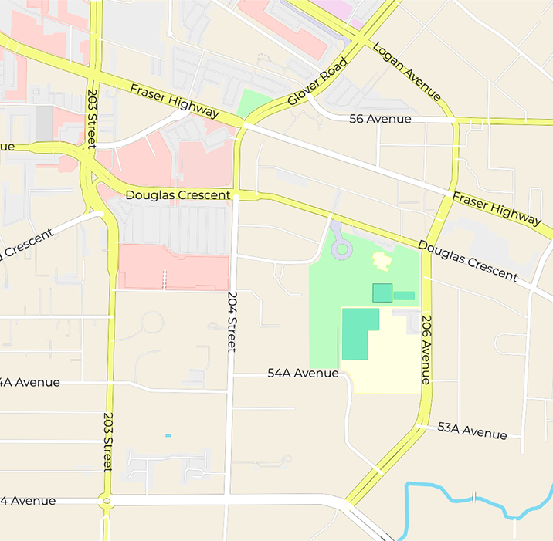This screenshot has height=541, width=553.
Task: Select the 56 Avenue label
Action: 380,119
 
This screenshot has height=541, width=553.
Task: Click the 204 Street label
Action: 232,321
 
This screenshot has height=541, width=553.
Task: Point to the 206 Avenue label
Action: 426,348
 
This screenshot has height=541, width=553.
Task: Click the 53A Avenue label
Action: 472,431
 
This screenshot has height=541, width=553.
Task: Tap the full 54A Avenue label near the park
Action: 303,373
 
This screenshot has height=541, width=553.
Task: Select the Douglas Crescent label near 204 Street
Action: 178,195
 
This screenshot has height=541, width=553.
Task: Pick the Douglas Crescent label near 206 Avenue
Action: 467,260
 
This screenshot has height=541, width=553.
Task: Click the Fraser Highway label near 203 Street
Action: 174,101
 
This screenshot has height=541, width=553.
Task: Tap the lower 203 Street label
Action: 108,441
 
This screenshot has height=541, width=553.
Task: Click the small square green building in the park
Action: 382,292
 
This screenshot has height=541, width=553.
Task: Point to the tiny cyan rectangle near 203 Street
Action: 168,436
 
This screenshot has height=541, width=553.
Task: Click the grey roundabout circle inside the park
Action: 341,249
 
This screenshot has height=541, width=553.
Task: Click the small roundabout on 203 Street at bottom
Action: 107,502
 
